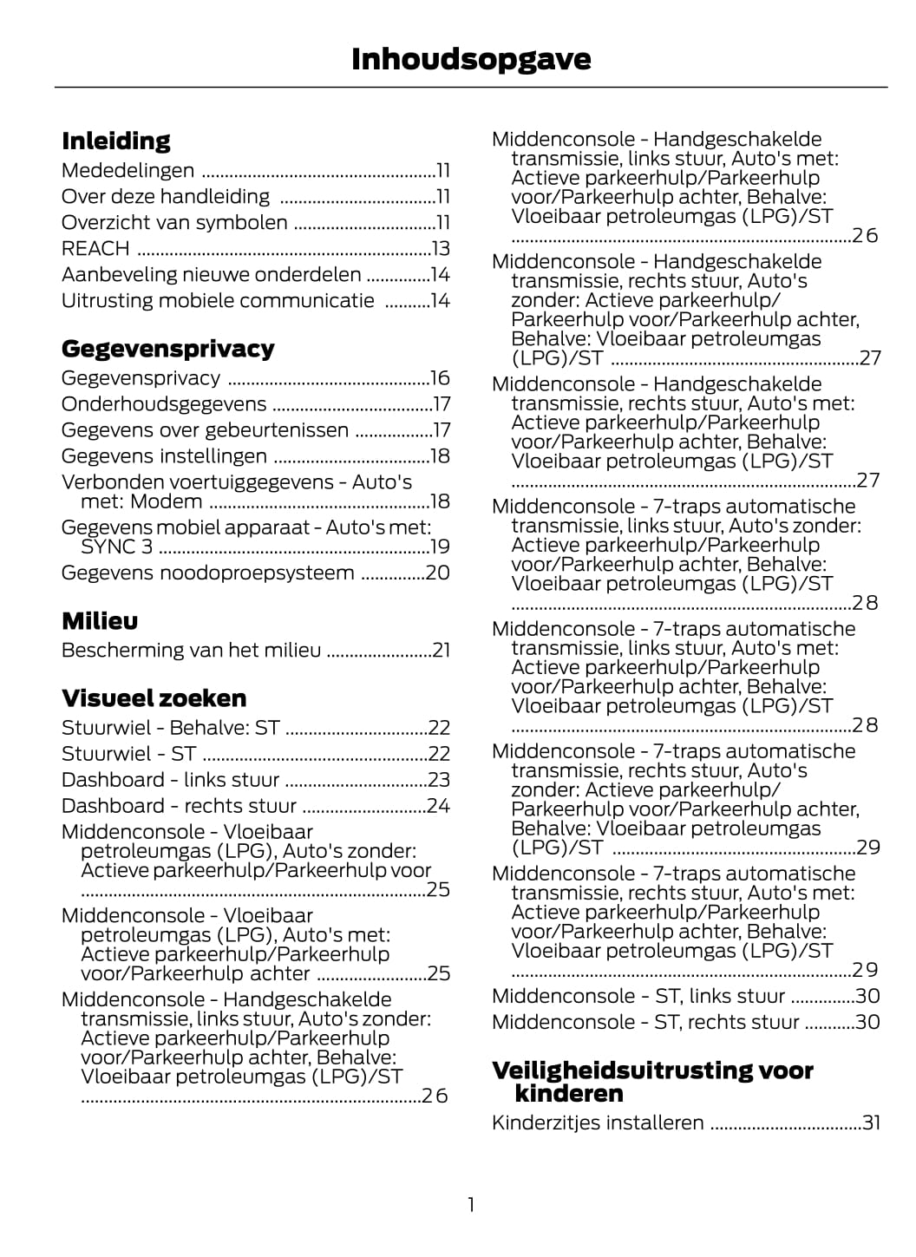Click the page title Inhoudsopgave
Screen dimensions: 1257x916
[x=471, y=59]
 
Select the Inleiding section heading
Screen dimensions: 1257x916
[x=116, y=141]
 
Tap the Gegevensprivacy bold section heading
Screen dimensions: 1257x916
[x=167, y=349]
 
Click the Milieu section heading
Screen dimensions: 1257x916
[x=100, y=621]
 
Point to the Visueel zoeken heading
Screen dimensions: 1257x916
[x=154, y=698]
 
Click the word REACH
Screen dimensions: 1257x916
[x=95, y=249]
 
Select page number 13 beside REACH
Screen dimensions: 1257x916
[x=441, y=249]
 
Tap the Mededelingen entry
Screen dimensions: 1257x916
[x=128, y=171]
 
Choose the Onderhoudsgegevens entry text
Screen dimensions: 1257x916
[x=164, y=404]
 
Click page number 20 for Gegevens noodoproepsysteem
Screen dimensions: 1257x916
[x=438, y=573]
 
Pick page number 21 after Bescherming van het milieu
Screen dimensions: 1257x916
[x=441, y=651]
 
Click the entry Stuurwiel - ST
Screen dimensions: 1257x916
[x=128, y=754]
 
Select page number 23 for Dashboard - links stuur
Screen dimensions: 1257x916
[x=439, y=780]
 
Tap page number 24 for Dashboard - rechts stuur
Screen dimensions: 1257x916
[x=438, y=806]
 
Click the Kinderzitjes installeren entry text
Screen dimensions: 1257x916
[x=598, y=1123]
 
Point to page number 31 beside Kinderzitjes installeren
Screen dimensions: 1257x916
[x=871, y=1123]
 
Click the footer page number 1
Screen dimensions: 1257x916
[x=471, y=1205]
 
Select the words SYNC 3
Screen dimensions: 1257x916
[x=116, y=547]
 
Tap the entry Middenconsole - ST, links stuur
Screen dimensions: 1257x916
[x=638, y=996]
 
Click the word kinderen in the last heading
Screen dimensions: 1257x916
[x=569, y=1093]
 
